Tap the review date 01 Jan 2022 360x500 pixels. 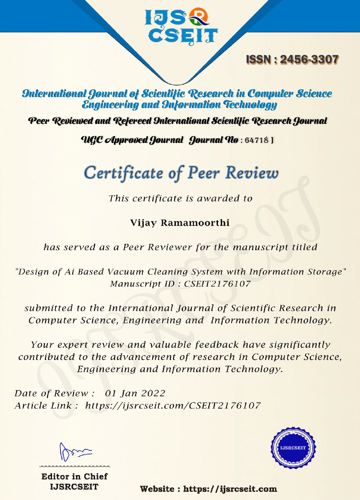click(x=135, y=394)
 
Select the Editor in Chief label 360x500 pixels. click(x=75, y=477)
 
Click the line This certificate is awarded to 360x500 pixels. click(x=180, y=198)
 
